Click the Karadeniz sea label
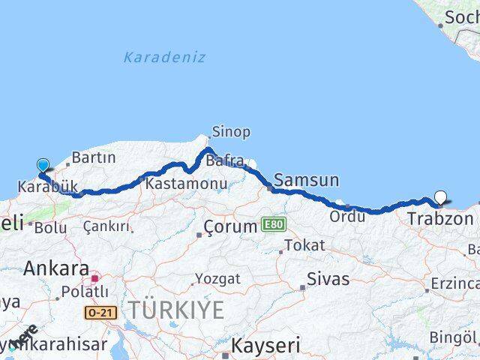[x=164, y=57]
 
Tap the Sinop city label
[x=231, y=132]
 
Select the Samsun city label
[x=306, y=180]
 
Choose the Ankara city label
[x=57, y=268]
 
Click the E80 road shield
[x=274, y=224]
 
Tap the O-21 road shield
[x=100, y=312]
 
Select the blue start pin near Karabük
[x=43, y=166]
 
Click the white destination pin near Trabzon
[x=440, y=198]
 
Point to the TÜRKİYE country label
[x=175, y=309]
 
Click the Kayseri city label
[x=265, y=346]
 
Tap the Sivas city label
[x=326, y=279]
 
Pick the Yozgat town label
[x=217, y=279]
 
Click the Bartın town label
[x=94, y=157]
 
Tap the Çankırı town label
[x=106, y=226]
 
